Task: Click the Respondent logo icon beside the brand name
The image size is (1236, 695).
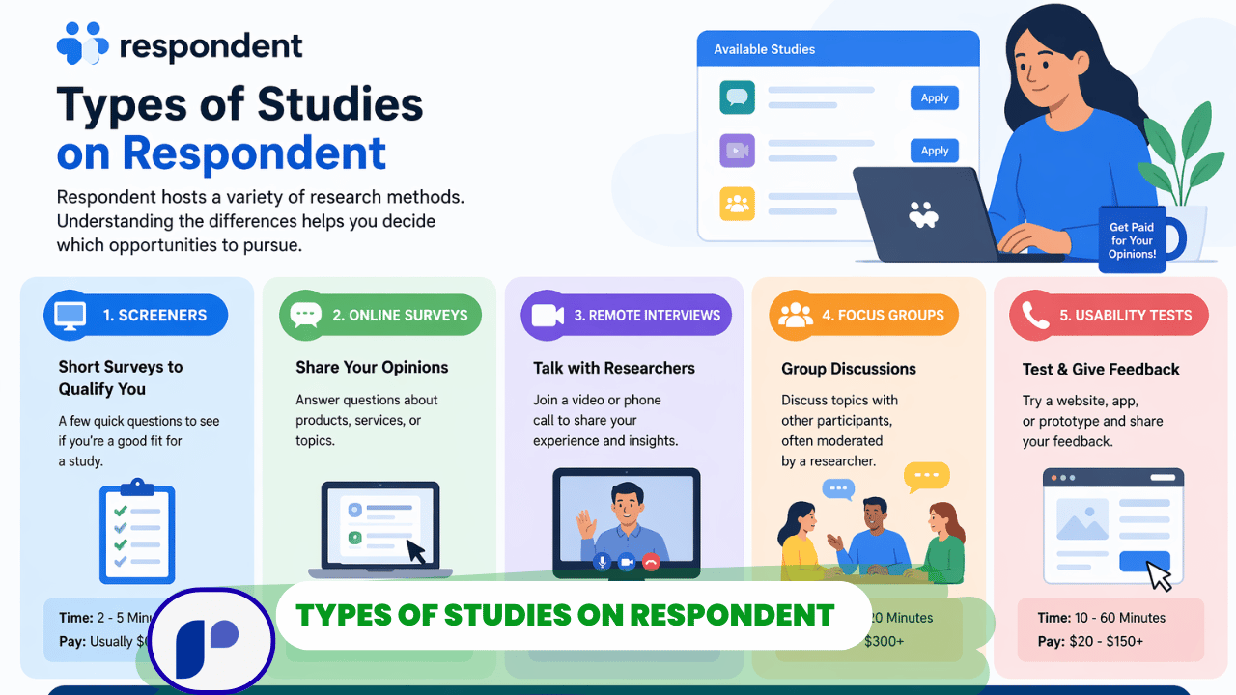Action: pos(83,44)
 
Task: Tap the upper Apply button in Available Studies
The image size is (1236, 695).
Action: pos(934,97)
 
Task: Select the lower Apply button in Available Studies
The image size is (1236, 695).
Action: pos(934,151)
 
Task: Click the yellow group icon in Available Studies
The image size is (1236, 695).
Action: pos(737,204)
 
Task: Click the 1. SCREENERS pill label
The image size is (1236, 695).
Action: pos(136,315)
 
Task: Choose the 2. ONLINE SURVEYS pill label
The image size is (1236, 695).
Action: pos(379,315)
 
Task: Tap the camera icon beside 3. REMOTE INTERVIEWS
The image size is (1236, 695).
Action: pos(548,315)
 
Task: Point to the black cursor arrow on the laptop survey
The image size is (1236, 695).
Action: pos(416,552)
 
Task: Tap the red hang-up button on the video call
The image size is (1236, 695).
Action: pos(651,562)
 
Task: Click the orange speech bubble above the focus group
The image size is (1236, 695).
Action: pos(926,477)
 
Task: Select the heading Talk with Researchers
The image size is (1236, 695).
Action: pos(614,368)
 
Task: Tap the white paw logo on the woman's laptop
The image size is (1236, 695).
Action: pos(923,214)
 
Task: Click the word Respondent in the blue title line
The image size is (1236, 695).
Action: pos(254,153)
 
